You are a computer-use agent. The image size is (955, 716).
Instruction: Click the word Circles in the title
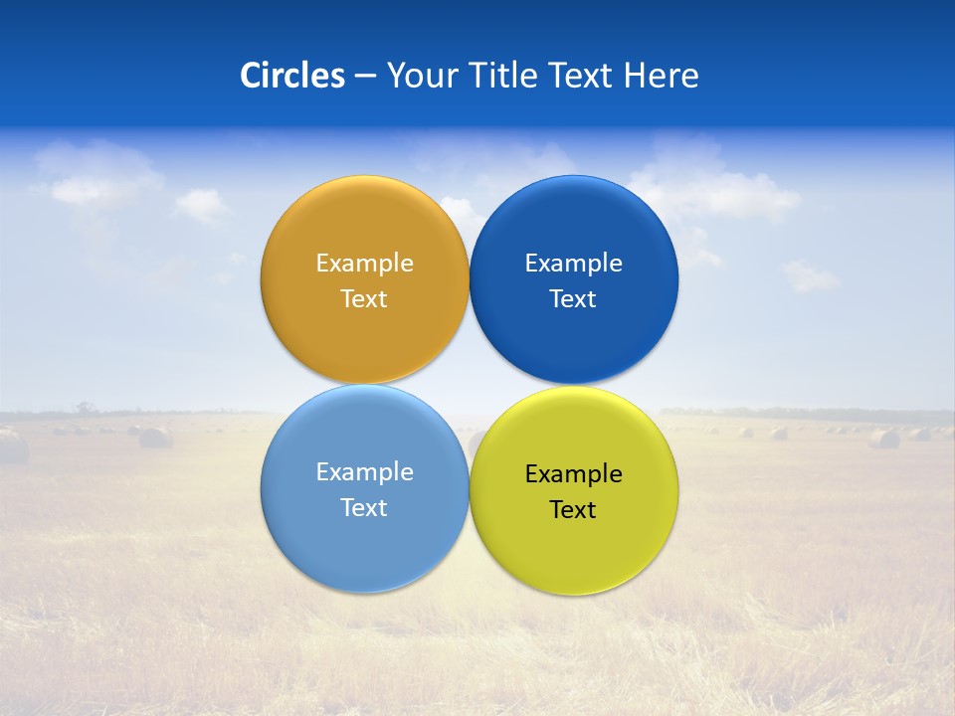coord(291,76)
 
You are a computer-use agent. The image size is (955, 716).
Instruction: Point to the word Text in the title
coord(582,76)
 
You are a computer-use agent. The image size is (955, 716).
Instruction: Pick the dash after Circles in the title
coord(365,77)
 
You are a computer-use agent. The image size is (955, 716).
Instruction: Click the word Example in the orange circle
coord(364,264)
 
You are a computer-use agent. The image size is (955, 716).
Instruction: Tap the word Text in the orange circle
coord(364,299)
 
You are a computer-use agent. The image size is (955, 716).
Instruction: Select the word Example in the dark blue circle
coord(573,264)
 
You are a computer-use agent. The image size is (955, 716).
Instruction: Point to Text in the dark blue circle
coord(573,299)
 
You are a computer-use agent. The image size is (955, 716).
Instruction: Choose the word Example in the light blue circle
coord(364,472)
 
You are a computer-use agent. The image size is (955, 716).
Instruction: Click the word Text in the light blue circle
coord(364,508)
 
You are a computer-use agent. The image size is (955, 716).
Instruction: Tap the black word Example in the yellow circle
coord(573,474)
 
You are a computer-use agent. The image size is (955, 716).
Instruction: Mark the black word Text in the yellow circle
coord(573,510)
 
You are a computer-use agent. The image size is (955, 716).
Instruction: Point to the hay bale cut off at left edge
coord(12,447)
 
